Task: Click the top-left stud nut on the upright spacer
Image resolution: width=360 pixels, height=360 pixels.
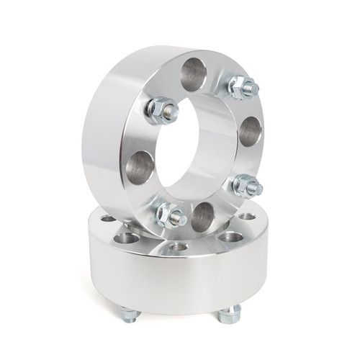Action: point(161,110)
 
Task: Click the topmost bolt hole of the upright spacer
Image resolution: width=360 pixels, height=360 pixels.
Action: point(193,73)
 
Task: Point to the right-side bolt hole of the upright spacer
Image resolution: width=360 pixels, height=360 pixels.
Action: point(249,131)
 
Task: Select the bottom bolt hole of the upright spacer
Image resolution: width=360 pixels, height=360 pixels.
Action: point(203,216)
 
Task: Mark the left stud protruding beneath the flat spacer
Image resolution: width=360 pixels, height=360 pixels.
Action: point(129,314)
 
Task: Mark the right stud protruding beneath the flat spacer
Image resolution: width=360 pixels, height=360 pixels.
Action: point(230,313)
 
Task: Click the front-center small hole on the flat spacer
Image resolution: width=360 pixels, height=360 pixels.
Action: point(179,246)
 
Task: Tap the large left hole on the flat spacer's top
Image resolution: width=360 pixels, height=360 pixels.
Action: point(127,237)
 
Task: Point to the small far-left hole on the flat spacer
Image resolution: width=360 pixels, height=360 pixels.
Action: point(107,218)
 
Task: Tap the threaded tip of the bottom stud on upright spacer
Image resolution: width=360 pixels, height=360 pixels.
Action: point(179,217)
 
